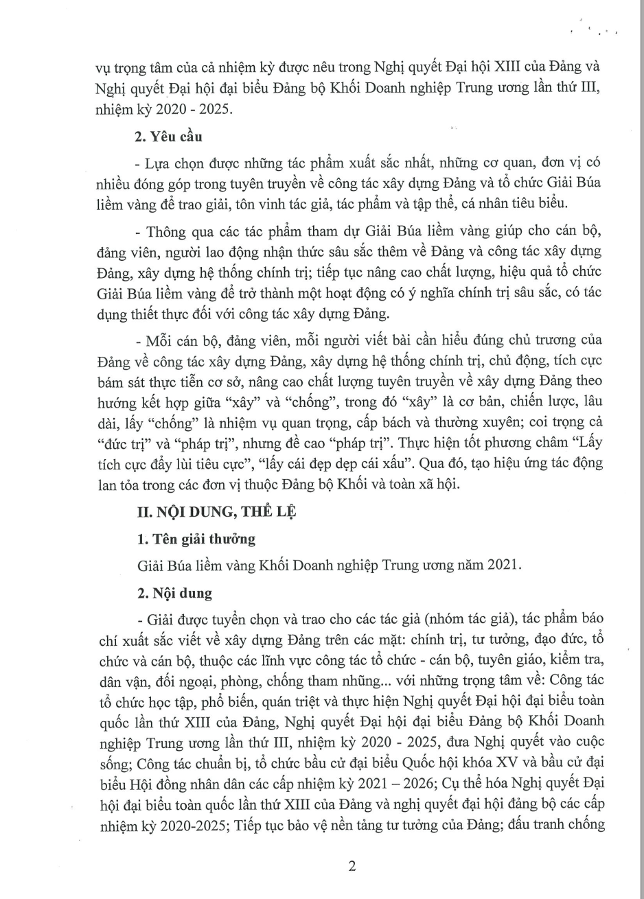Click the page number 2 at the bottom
352,866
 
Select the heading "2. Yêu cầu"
168,136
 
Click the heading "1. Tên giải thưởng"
195,539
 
